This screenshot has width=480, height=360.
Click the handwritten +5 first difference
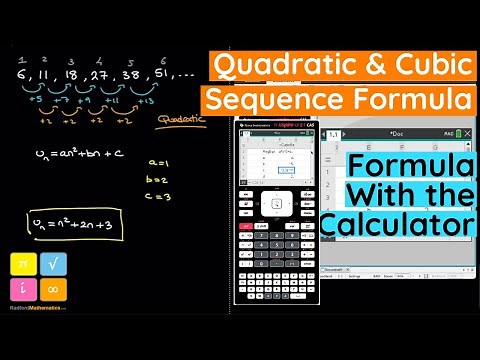(37, 100)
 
